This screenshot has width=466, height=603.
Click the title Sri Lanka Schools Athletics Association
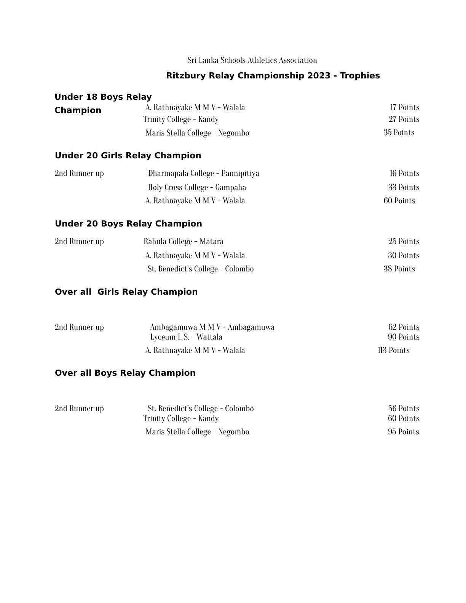tap(252, 60)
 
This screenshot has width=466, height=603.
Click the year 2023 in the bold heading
tap(319, 75)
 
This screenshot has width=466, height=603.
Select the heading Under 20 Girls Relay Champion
tap(128, 155)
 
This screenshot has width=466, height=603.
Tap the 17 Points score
tap(405, 107)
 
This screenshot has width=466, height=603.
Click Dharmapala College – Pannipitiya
tap(203, 173)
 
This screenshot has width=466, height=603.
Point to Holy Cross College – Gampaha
tap(197, 187)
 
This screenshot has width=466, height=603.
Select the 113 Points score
tap(393, 350)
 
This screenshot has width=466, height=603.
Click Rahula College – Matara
tap(184, 241)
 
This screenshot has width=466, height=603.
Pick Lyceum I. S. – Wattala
tap(186, 337)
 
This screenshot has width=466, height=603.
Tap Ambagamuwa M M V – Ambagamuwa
tap(212, 327)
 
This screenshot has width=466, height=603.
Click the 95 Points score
tap(403, 432)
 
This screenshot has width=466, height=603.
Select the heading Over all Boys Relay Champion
tap(125, 373)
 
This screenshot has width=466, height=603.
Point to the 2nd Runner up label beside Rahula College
tap(79, 241)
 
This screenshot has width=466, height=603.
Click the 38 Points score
tap(399, 269)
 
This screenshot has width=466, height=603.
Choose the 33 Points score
tap(404, 187)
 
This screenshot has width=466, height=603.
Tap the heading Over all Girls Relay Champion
tap(126, 292)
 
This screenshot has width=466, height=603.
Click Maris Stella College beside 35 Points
tap(197, 133)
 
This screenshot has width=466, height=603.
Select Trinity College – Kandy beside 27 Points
tap(181, 119)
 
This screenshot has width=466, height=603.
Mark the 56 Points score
tap(404, 408)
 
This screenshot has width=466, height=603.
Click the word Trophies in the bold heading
tap(360, 75)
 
